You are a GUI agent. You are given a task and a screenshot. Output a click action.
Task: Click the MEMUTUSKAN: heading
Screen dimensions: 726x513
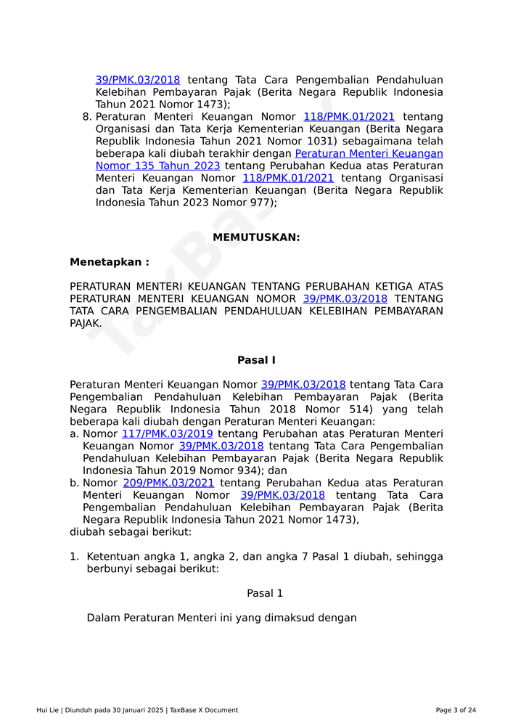(x=256, y=237)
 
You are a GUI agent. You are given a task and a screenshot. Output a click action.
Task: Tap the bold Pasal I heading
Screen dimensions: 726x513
(x=256, y=360)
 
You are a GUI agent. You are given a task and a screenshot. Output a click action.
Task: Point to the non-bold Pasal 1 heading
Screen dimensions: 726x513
(x=265, y=593)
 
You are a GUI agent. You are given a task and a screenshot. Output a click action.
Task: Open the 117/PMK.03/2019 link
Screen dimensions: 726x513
(x=167, y=434)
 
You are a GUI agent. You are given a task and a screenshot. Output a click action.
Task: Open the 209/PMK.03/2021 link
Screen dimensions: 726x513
(x=168, y=483)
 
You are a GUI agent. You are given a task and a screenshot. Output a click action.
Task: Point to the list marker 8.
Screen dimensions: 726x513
(x=87, y=117)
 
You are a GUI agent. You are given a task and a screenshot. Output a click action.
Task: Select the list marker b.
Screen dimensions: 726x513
(x=74, y=483)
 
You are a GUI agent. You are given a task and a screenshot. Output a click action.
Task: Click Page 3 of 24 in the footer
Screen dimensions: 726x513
(x=456, y=710)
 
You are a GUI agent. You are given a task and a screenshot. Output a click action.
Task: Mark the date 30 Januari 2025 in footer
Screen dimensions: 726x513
(x=132, y=710)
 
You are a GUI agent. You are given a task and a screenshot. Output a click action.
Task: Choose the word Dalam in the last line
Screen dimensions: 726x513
(x=103, y=618)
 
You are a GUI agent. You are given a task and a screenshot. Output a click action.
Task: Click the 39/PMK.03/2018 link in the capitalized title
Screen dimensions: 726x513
(x=345, y=299)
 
